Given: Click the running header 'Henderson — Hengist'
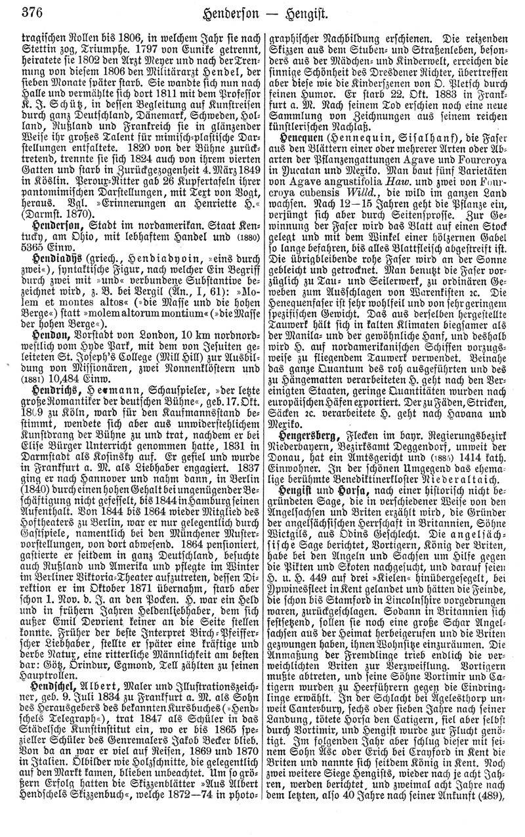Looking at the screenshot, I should [x=269, y=11].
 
